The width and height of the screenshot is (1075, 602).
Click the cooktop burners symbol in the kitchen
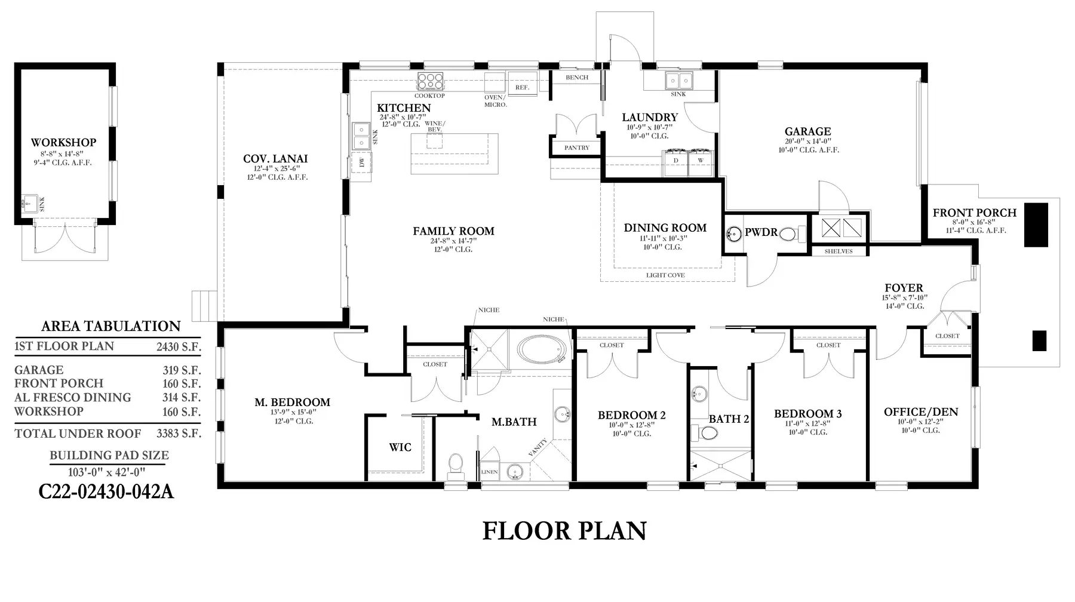coord(431,81)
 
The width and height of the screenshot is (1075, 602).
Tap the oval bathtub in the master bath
coord(541,349)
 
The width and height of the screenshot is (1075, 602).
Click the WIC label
coord(400,447)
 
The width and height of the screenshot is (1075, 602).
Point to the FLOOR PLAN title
coord(564,531)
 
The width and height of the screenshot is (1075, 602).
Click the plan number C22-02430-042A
coord(106,492)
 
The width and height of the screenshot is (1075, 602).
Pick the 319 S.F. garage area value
coord(182,370)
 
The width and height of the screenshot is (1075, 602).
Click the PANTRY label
coord(577,148)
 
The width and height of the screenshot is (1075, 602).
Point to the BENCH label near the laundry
coord(577,78)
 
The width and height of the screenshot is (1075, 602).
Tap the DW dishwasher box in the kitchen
coord(362,162)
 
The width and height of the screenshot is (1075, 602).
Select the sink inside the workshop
coord(26,204)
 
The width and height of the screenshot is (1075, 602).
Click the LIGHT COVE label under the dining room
coord(665,275)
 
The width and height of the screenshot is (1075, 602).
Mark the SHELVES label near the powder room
coord(838,251)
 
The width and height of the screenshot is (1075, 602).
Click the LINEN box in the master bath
coord(489,472)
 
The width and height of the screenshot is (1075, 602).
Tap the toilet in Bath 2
coord(701,432)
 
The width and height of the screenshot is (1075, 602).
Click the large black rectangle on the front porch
coord(1036,225)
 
